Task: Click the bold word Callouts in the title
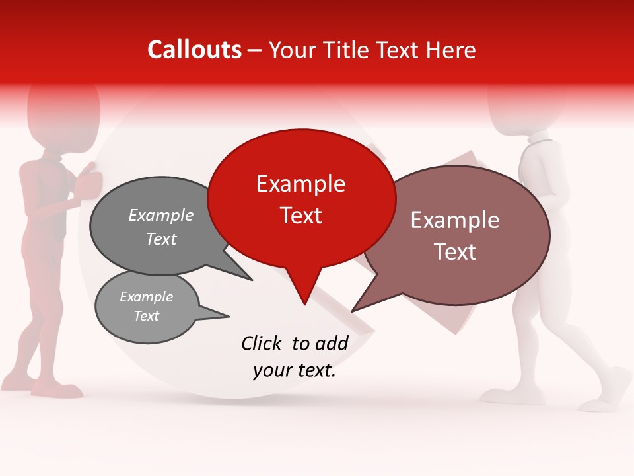click(x=194, y=50)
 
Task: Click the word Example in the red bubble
click(x=300, y=184)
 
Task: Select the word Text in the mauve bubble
click(x=455, y=252)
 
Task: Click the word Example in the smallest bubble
click(x=146, y=297)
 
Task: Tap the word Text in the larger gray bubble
click(x=160, y=239)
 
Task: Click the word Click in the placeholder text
click(x=262, y=343)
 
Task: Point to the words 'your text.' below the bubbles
click(x=295, y=370)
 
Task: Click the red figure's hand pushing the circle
click(x=88, y=184)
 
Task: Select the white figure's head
click(x=528, y=106)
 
